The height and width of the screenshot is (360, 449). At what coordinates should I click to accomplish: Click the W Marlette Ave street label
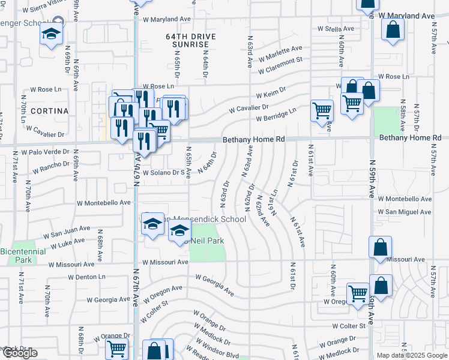(280, 54)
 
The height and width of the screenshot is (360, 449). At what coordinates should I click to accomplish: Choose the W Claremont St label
(285, 65)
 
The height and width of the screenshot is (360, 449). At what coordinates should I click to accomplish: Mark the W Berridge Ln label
(276, 115)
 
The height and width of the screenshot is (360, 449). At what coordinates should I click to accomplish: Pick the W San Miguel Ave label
(405, 212)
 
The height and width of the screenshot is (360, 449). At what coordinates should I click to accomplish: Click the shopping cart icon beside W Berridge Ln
(322, 110)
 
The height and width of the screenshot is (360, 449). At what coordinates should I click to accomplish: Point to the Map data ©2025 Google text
(411, 355)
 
